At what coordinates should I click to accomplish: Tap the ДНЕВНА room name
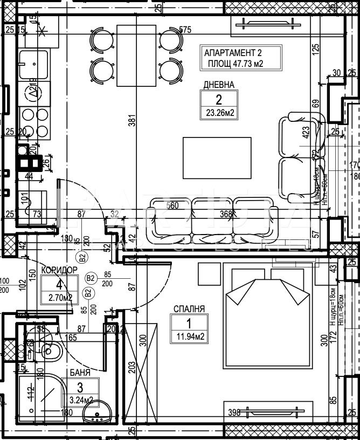click(218, 85)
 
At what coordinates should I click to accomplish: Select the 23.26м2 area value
click(218, 113)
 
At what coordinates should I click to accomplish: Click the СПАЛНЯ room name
click(189, 310)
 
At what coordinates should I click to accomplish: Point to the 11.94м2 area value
click(189, 338)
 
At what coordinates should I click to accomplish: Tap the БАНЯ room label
click(79, 373)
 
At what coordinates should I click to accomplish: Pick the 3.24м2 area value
click(80, 400)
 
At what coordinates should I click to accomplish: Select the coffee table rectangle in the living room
click(217, 158)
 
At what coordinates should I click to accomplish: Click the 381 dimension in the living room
click(132, 122)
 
